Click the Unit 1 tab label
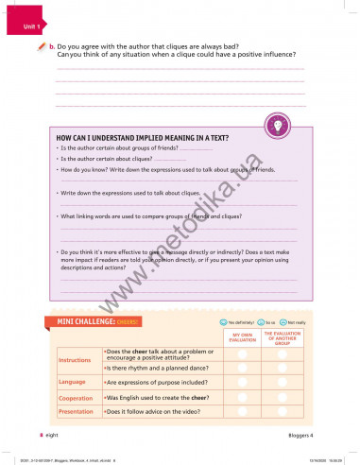tap(33, 27)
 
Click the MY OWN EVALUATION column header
tap(242, 337)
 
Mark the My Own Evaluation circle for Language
tap(242, 382)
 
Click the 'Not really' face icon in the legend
tap(283, 322)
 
